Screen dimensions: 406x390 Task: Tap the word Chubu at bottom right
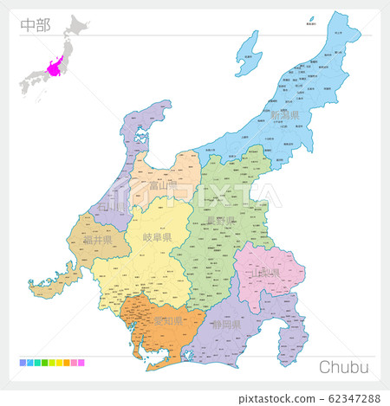(344, 366)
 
